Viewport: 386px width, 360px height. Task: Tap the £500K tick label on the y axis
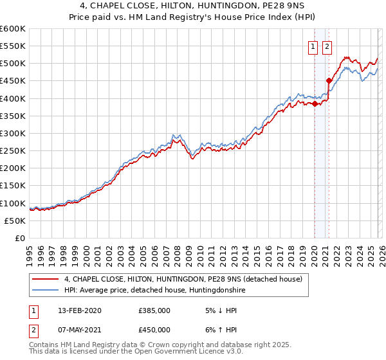(13, 64)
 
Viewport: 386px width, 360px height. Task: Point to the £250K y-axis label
(13, 150)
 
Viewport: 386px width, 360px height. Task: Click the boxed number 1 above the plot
(313, 46)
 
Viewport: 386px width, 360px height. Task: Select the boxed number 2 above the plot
(327, 46)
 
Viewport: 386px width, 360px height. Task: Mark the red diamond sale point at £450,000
(329, 81)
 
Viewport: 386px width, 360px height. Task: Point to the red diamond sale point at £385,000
(315, 104)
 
